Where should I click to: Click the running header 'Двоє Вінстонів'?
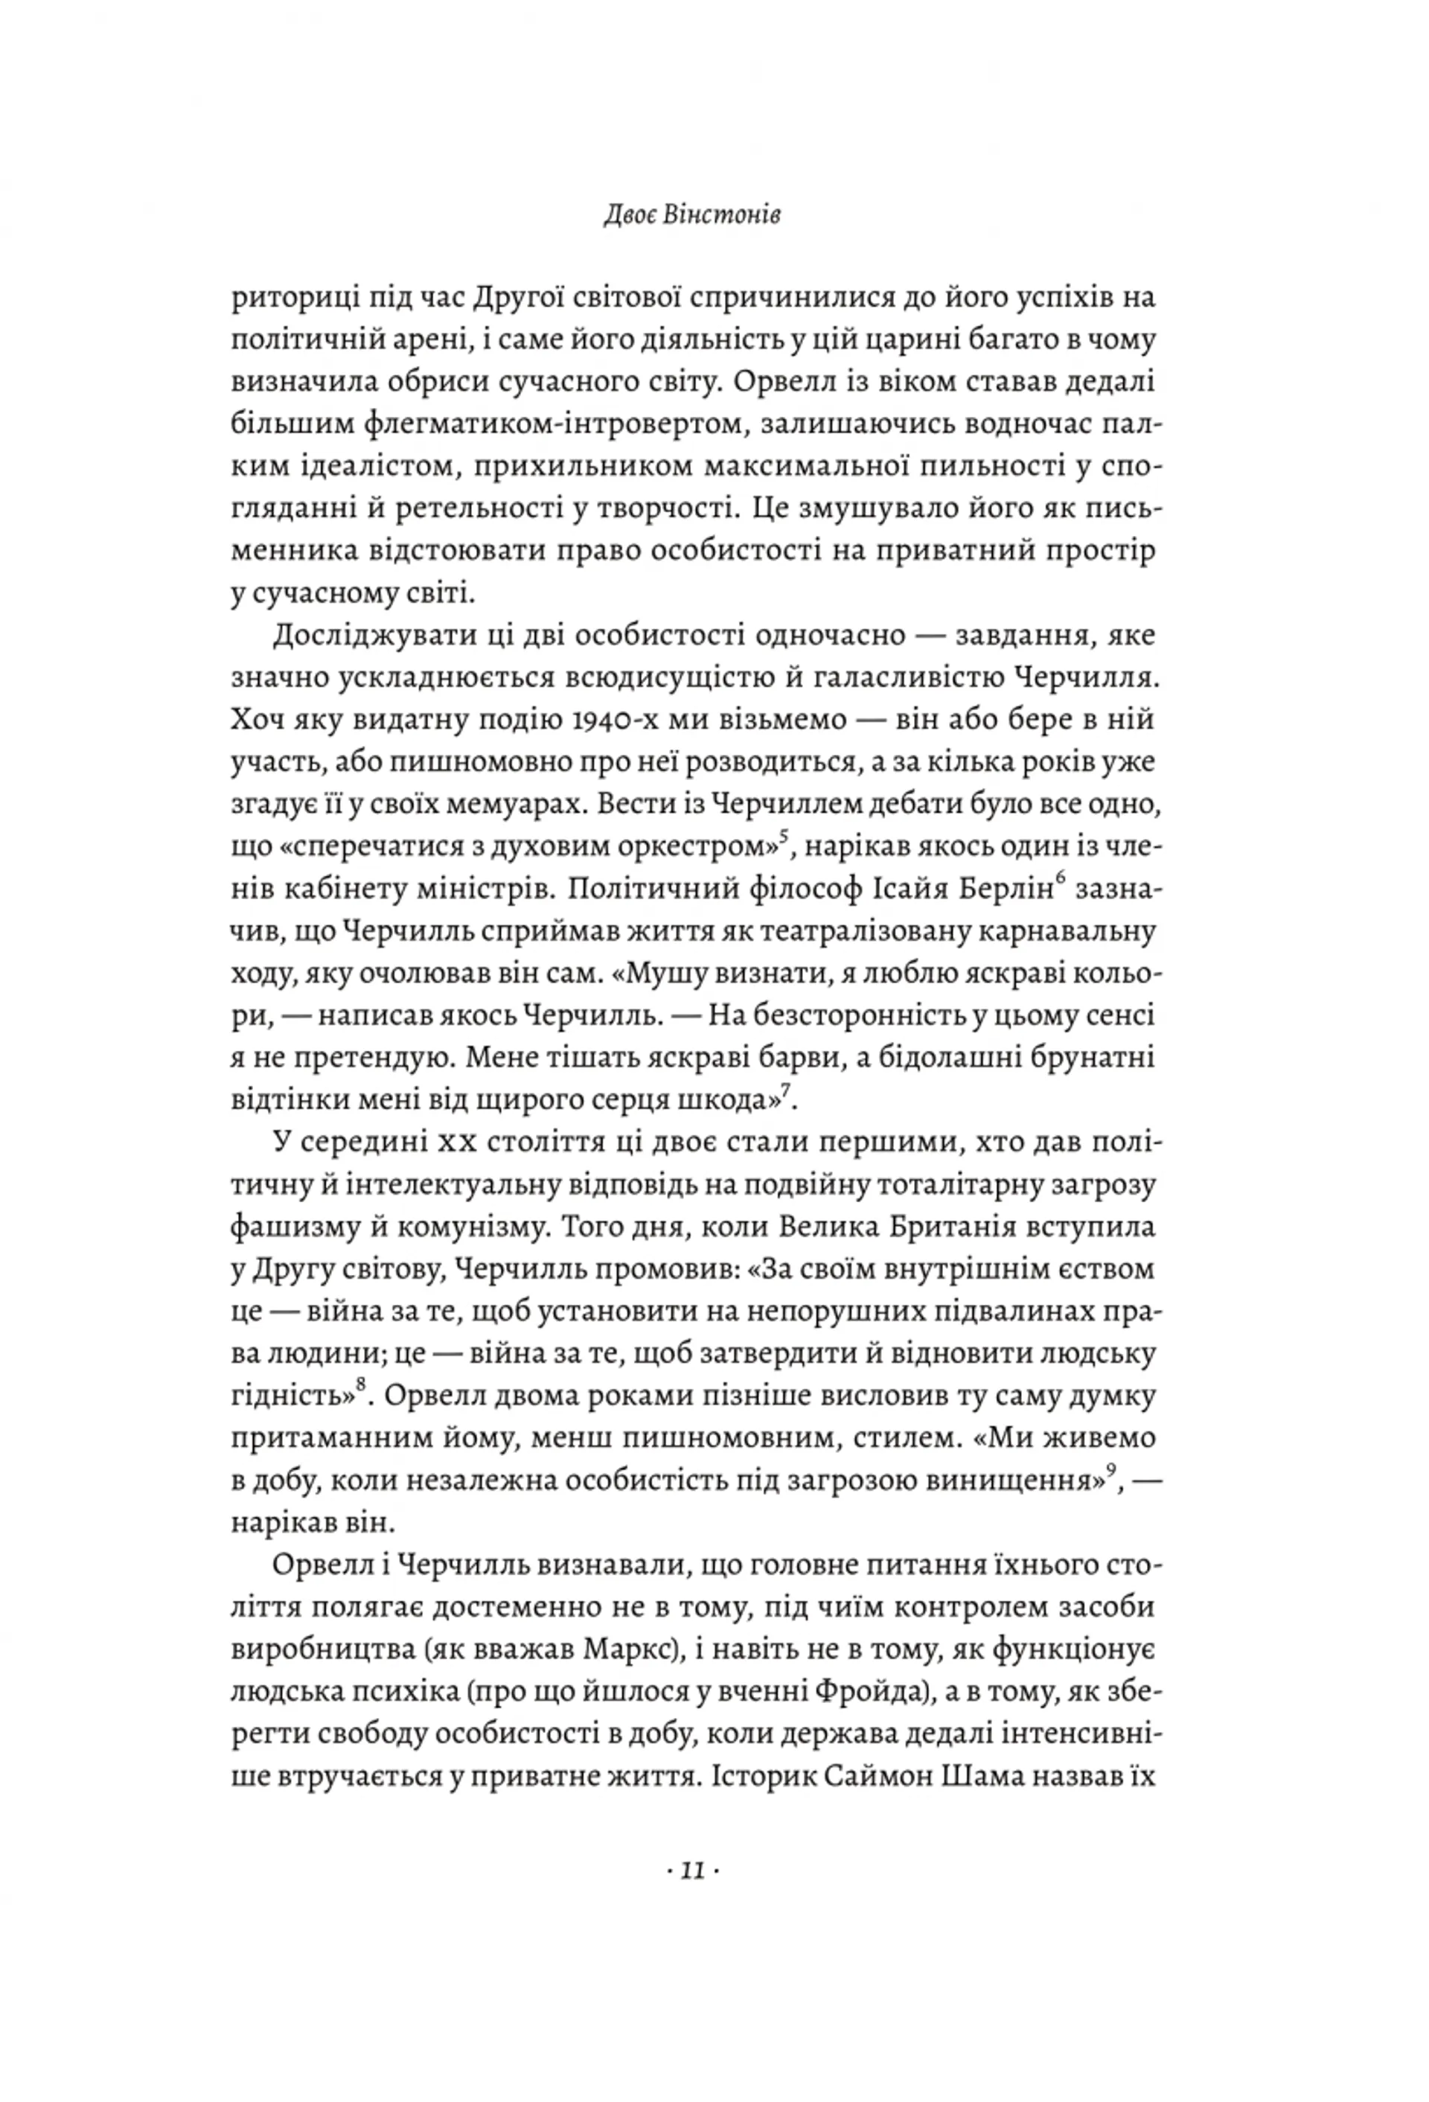point(692,216)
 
